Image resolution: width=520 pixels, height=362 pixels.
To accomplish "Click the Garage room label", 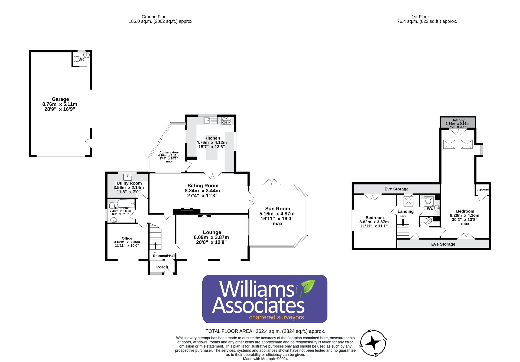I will [x=60, y=99].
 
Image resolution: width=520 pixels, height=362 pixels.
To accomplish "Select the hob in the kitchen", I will [x=226, y=120].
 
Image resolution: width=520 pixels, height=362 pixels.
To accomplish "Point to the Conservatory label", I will [x=169, y=153].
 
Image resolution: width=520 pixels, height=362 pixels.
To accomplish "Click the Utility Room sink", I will [x=128, y=177].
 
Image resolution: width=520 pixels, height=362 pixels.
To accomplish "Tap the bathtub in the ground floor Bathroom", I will [x=126, y=204].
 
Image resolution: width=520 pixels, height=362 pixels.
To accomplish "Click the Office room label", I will [x=127, y=238].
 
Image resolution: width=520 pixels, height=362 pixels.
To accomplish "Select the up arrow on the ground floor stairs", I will [x=155, y=246].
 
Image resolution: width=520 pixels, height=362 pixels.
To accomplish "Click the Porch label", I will [x=162, y=267].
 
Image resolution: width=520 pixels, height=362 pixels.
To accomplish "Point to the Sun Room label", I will [x=277, y=209].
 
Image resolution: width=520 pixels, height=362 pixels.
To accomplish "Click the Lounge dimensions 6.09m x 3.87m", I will [x=211, y=237].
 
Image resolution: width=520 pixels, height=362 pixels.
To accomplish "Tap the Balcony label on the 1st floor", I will [x=458, y=120].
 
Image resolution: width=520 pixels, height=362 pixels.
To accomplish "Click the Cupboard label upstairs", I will [x=482, y=190].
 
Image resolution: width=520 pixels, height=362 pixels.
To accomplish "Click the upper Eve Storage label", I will [x=396, y=189].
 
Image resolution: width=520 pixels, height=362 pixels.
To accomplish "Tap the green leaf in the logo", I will [x=308, y=287].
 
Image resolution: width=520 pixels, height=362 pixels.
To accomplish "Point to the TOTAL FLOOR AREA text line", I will [x=265, y=331].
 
